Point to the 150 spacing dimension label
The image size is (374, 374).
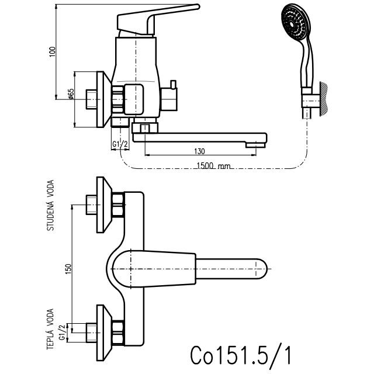(68, 269)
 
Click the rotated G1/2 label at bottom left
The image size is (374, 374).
(64, 334)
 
